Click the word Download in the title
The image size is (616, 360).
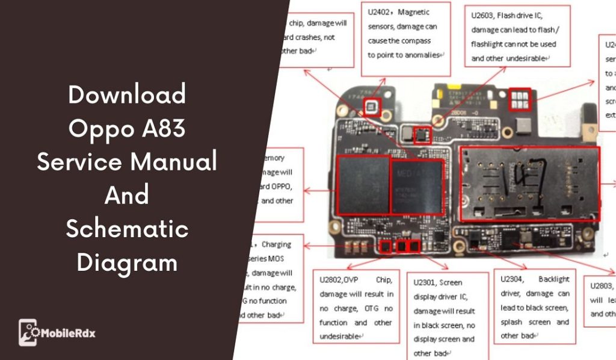tap(127, 95)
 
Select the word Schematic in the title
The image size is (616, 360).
tap(127, 229)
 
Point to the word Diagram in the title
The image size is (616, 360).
tap(127, 262)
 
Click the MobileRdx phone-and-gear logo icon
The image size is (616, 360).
tap(29, 332)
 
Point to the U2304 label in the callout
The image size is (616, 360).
tap(513, 279)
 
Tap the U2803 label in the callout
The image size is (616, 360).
tap(602, 285)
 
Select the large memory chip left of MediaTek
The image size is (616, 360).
tap(363, 184)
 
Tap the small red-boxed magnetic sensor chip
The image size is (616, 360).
tap(371, 108)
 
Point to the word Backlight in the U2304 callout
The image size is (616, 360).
tap(554, 279)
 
